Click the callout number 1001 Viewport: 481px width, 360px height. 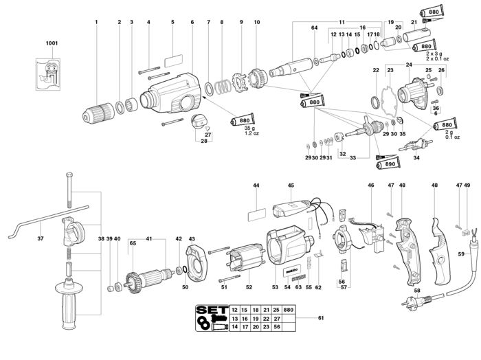(x=52, y=43)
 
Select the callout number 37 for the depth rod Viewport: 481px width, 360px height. (x=41, y=238)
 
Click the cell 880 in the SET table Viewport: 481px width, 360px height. (x=289, y=310)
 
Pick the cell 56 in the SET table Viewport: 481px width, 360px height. (x=277, y=327)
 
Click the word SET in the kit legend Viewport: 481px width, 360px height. (x=212, y=310)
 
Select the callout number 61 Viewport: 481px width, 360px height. (x=321, y=318)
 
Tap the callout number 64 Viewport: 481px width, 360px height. (x=315, y=28)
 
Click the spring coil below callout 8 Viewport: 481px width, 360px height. (x=223, y=87)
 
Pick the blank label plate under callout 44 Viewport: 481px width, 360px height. (x=257, y=214)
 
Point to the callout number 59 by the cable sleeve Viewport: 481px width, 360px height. (x=461, y=254)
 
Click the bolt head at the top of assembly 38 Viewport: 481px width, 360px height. (x=69, y=175)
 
